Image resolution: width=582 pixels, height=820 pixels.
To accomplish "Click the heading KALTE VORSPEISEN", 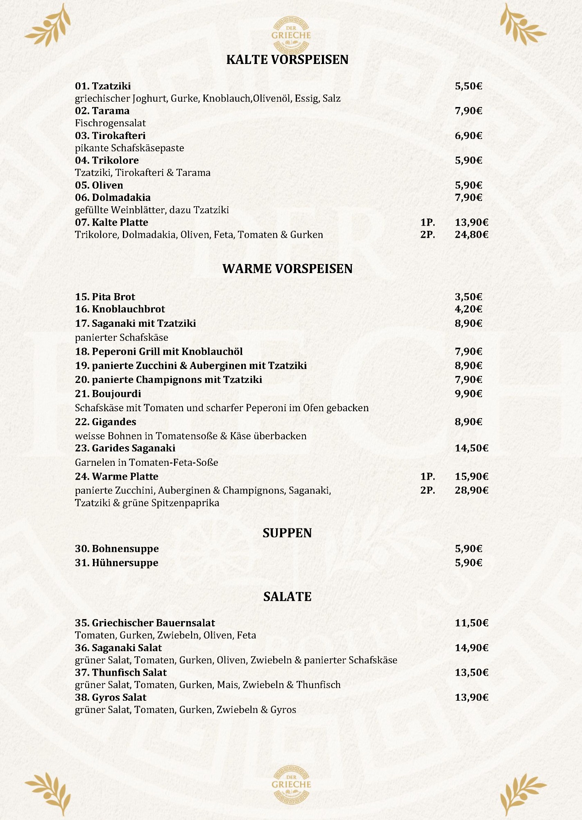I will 287,60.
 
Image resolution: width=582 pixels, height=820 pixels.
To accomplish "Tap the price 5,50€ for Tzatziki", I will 468,86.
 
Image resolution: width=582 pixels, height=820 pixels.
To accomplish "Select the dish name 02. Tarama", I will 102,111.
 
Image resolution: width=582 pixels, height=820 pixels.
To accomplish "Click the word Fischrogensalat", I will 110,123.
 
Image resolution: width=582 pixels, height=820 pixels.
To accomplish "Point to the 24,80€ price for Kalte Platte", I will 471,235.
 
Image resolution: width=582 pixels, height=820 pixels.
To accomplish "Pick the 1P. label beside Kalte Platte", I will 428,223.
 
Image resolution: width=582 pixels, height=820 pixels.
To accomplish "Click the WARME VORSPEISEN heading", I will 287,269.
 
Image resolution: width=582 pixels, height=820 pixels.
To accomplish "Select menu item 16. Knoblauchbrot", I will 120,309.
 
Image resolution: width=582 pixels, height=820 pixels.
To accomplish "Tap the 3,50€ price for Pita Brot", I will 468,297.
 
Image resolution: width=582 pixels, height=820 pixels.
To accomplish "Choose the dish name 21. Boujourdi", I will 108,394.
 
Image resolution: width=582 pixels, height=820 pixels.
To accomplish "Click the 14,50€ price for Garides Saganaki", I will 471,448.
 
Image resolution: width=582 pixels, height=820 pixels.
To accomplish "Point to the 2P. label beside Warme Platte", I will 428,490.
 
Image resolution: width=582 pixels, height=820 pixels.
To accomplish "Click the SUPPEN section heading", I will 287,533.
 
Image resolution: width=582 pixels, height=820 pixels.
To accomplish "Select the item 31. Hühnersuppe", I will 116,563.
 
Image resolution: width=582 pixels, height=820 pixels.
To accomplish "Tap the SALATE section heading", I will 287,597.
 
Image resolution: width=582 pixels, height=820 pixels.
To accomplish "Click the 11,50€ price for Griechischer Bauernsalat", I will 471,623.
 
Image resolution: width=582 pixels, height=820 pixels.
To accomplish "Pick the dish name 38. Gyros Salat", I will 111,697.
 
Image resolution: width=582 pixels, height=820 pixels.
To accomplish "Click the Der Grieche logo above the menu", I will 291,34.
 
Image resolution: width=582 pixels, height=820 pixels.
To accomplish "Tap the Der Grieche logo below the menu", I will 291,784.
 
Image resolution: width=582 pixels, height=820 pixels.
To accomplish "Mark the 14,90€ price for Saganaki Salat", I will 471,648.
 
